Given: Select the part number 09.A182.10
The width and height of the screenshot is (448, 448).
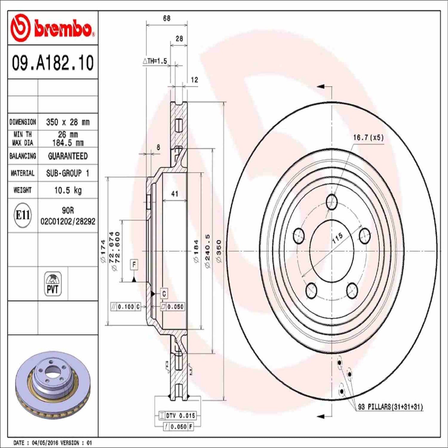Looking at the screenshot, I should pos(53,63).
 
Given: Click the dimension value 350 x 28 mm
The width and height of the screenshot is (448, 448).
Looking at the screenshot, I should pos(68,122).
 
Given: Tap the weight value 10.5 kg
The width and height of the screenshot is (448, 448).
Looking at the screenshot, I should pos(68,190).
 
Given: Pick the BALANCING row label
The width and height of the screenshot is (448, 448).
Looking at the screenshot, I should pos(23,156).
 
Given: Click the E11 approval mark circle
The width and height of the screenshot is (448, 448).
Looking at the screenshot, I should pos(23,215).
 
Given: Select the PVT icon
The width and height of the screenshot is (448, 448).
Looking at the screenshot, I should pos(53,284).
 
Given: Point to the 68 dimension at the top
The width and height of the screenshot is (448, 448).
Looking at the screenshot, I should pos(166,19).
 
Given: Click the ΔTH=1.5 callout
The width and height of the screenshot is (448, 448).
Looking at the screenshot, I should pos(155,61).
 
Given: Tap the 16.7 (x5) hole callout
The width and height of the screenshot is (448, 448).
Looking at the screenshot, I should pos(368,137).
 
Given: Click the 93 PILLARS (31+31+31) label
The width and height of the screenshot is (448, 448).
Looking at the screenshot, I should pos(390,407).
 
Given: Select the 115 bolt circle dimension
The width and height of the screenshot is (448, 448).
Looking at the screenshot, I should pos(337,238).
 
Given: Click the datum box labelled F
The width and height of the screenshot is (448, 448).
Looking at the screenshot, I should pos(134,265).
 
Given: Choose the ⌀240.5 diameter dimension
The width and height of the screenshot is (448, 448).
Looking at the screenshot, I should pos(207,251).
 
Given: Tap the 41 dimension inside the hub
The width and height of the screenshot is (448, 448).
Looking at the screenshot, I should pos(175,194).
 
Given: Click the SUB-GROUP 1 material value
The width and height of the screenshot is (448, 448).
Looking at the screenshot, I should pos(68,173).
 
